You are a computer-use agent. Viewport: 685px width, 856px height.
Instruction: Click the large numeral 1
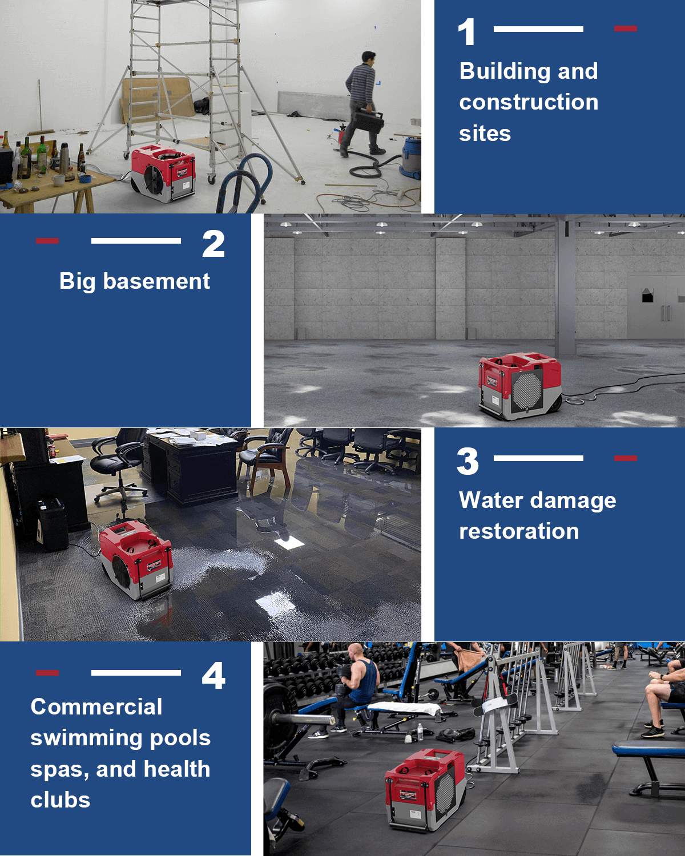point(466,32)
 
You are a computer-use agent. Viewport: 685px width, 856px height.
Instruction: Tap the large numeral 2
point(213,244)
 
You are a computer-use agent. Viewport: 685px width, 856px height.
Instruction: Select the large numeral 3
point(468,461)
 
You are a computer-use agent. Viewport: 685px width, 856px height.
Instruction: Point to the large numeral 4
point(213,676)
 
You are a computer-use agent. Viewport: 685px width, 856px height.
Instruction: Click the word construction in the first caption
point(529,102)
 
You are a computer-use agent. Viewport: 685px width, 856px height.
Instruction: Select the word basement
point(156,281)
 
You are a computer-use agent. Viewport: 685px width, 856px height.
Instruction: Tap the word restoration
point(519,531)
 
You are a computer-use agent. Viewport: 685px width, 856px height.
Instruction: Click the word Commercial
point(96,707)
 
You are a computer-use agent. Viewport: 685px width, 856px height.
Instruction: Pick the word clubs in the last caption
point(61,800)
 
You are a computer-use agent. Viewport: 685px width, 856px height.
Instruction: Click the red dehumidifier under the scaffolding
point(163,173)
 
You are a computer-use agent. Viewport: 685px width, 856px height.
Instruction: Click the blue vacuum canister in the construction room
point(411,158)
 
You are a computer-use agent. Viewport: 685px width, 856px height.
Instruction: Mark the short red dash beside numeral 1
point(625,28)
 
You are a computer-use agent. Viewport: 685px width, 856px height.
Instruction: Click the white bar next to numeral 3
point(538,458)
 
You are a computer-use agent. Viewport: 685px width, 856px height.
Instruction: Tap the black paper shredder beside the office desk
point(53,524)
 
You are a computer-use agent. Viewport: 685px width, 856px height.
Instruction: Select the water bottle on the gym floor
point(420,732)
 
